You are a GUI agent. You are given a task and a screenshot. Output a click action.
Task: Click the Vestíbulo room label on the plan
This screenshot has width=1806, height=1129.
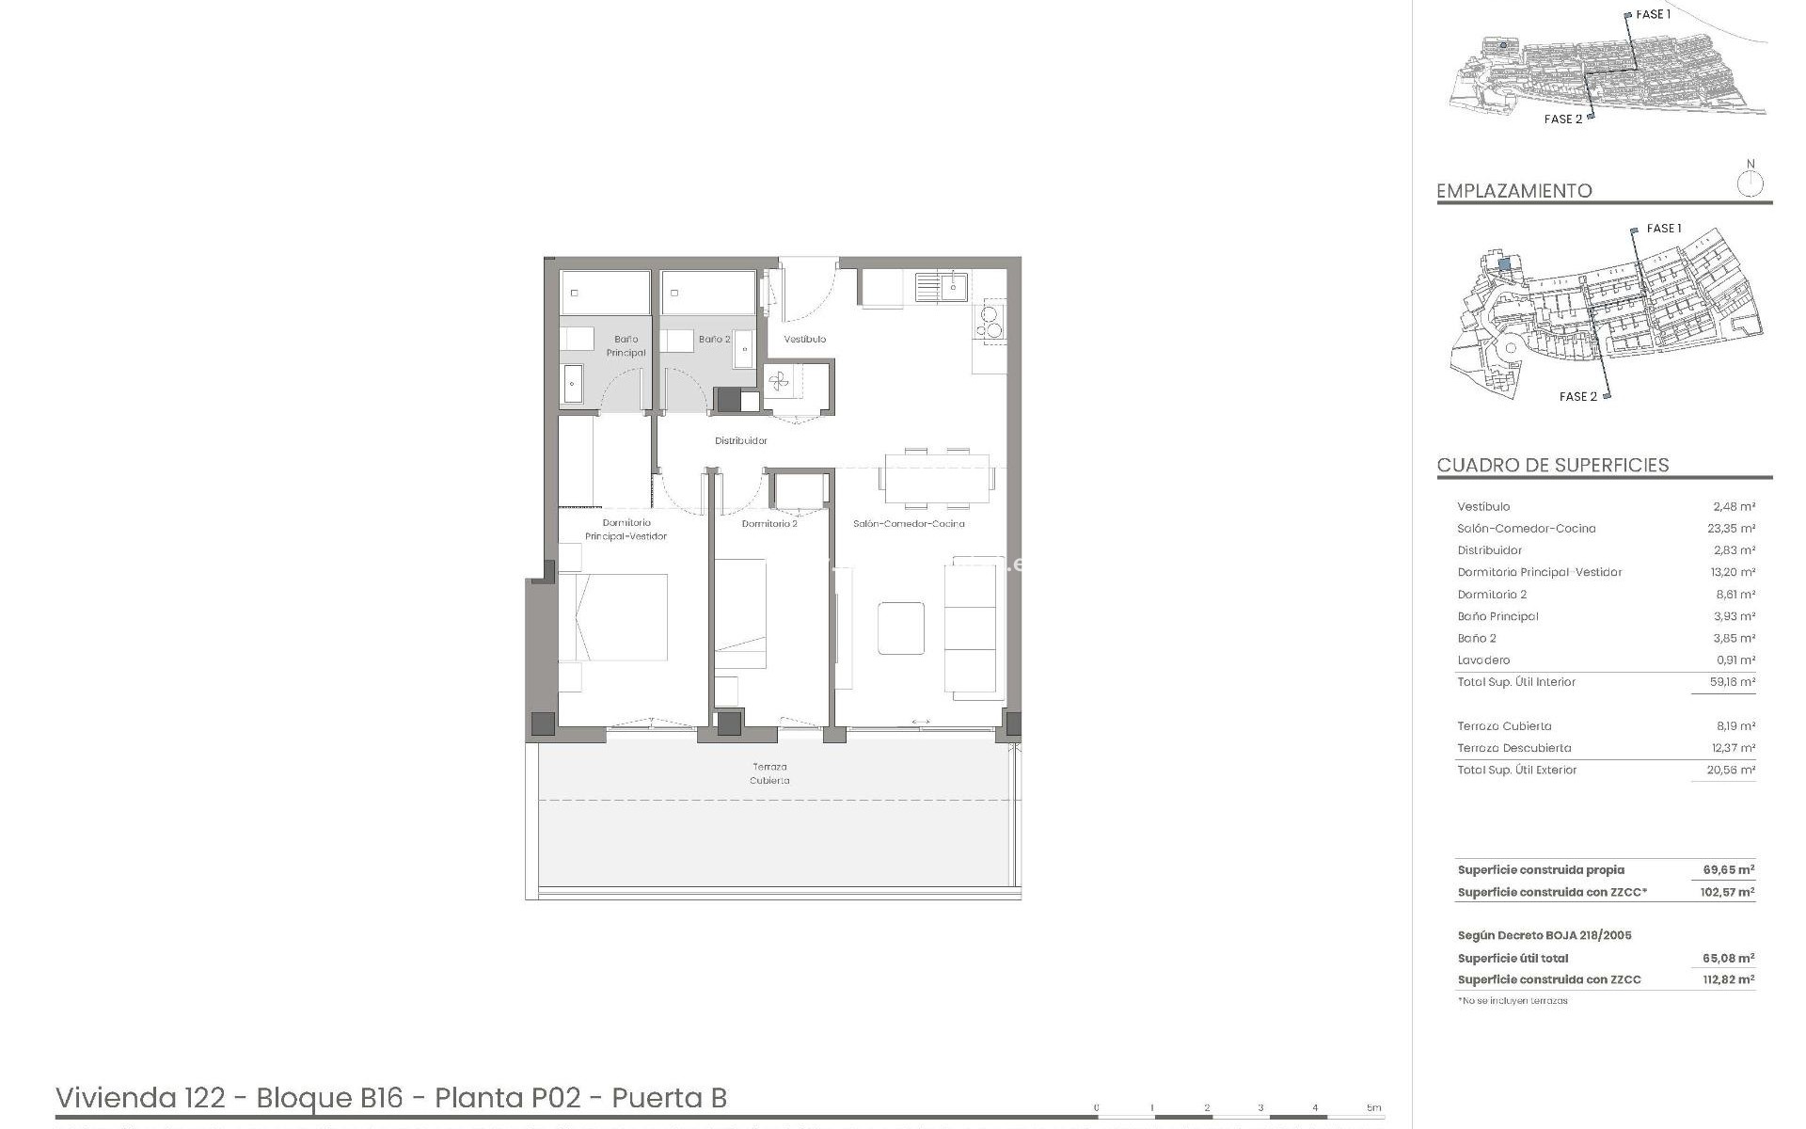[804, 339]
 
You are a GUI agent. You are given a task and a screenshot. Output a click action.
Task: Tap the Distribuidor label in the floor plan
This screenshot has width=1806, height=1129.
[740, 440]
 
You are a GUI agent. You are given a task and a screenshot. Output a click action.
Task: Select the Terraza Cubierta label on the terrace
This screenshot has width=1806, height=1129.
[769, 773]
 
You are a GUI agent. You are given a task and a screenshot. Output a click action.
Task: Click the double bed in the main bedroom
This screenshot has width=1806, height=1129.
[613, 617]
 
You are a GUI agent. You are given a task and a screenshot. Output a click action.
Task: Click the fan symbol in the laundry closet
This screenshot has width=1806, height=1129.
[778, 381]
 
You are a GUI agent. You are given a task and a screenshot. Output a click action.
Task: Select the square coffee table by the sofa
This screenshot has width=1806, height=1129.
[901, 628]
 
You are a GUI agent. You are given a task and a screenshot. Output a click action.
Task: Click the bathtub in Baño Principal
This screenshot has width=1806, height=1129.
[605, 293]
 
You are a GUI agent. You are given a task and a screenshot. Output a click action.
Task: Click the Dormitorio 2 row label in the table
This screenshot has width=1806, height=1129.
[1492, 595]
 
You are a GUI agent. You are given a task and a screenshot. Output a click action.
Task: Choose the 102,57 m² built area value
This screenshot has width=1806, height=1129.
[1727, 892]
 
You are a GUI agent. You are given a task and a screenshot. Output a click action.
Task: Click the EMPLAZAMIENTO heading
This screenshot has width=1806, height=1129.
[1513, 191]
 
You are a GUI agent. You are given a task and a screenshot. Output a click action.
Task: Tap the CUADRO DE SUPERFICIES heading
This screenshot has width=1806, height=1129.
[1552, 465]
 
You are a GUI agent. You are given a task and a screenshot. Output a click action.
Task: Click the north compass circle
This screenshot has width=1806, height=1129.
[1750, 184]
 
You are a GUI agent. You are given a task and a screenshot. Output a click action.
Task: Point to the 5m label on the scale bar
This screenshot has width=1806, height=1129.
[1373, 1107]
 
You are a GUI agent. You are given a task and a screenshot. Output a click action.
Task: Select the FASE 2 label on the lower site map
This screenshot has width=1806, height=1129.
[1577, 397]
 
